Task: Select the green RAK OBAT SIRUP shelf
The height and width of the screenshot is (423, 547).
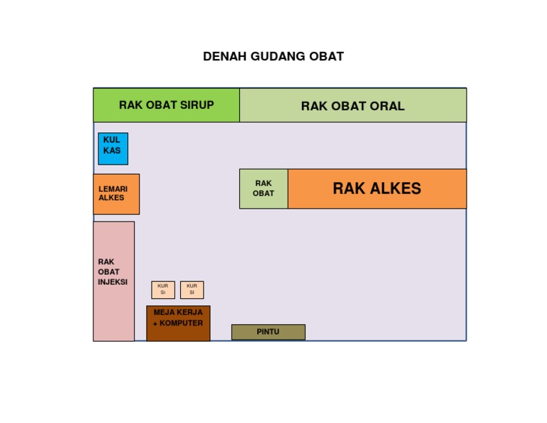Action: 166,105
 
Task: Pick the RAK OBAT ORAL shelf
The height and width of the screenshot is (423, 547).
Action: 353,106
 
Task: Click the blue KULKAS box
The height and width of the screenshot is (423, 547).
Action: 113,148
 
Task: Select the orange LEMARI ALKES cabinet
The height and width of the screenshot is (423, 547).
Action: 116,194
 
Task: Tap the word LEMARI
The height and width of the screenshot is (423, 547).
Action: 113,189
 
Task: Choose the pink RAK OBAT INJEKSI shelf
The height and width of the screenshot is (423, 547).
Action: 113,281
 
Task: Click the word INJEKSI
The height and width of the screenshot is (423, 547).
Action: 113,282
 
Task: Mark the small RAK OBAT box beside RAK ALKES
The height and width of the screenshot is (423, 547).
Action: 264,189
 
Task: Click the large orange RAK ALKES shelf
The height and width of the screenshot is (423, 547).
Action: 377,189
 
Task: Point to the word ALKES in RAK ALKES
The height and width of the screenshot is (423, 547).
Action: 395,189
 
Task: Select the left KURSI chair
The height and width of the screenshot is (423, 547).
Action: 163,289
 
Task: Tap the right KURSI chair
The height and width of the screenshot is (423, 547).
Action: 192,289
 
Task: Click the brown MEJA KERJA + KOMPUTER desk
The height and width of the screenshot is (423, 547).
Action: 178,323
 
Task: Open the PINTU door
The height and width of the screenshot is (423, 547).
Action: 268,332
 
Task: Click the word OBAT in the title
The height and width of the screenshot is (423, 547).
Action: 327,56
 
